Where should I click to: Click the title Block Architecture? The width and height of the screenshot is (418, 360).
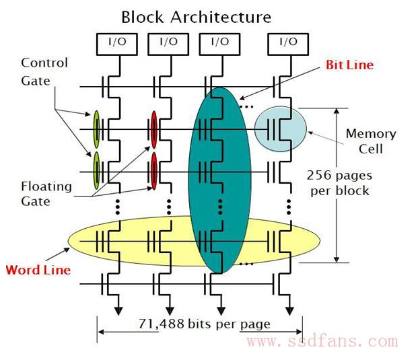point(196,16)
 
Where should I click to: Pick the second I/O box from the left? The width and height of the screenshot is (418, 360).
point(169,43)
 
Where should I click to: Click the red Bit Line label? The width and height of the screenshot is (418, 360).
point(349,65)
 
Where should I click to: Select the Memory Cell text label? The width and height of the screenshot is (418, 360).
point(371,141)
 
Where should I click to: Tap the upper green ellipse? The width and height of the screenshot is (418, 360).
point(96,129)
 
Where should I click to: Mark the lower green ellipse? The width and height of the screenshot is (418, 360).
point(96,171)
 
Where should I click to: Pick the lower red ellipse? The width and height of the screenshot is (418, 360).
point(154,171)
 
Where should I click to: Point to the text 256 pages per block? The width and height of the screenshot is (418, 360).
point(338,182)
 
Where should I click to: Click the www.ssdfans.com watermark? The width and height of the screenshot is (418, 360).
point(322,342)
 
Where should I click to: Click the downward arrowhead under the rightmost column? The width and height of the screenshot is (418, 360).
point(289,310)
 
